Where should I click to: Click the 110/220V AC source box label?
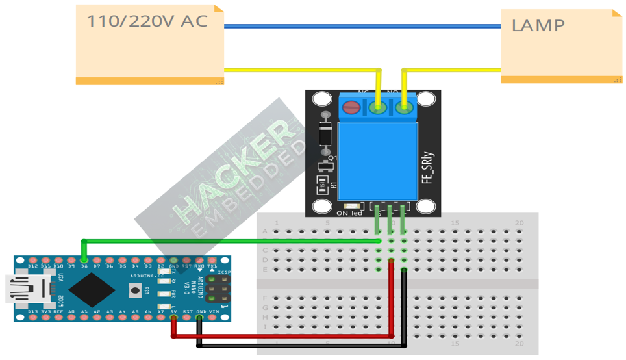tap(147, 21)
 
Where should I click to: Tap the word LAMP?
tap(538, 26)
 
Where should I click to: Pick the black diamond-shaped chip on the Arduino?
tap(92, 289)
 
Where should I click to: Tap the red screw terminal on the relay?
tap(351, 108)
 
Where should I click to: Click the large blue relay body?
tap(377, 160)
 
